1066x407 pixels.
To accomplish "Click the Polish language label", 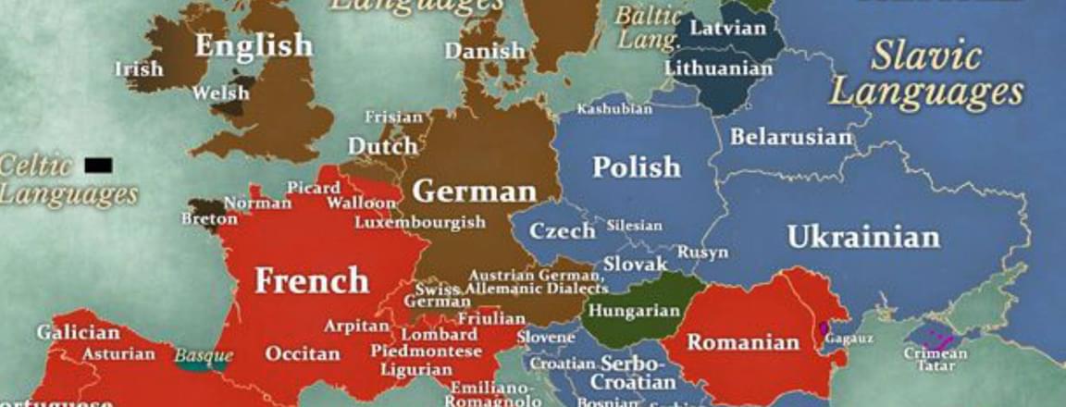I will (x=636, y=167).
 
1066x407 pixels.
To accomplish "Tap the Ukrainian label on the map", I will (x=862, y=237).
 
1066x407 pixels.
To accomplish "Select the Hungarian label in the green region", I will (x=634, y=310).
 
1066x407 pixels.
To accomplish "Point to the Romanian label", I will (x=743, y=343).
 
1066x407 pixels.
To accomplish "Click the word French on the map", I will (x=312, y=279).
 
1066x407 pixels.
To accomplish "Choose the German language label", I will (x=474, y=191).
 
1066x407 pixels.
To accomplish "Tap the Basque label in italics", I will (x=203, y=355).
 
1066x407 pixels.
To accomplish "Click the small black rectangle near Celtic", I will (x=98, y=166).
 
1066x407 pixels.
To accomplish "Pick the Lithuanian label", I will (x=718, y=68).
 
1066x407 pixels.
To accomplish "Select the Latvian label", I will (x=728, y=28).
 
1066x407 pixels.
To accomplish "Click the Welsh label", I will (x=220, y=92).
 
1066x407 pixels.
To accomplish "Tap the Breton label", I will (x=209, y=219).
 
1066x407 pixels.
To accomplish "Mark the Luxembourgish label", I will (x=420, y=222).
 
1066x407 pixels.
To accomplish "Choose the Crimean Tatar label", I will (x=934, y=358).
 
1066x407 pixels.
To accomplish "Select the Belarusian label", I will (x=790, y=138).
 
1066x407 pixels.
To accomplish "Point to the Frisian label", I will (x=393, y=117).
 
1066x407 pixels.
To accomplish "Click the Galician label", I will (x=78, y=332).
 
